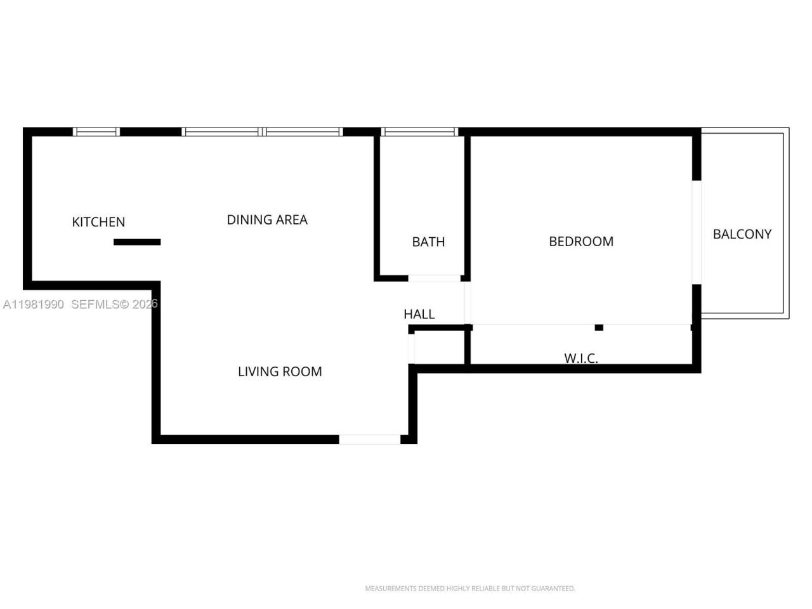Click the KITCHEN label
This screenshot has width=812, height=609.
pos(98,222)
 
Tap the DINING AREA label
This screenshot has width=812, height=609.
pos(267,219)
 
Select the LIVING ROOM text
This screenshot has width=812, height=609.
pos(280,372)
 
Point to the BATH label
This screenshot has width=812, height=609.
pos(428,242)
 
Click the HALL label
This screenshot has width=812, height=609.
pos(419,314)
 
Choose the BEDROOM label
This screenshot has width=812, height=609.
pos(581,241)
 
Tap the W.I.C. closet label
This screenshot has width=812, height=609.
pos(581,358)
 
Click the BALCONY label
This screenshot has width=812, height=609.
pos(742,234)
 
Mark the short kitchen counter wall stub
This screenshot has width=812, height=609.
pos(137,242)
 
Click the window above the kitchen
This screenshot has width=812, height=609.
pos(96,132)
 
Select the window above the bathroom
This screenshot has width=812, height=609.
pos(419,132)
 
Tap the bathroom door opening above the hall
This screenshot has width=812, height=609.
pos(435,278)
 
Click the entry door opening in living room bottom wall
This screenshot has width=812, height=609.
pos(370,439)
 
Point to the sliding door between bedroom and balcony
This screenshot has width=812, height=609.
pos(697,232)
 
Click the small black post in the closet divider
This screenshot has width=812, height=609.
pos(599,327)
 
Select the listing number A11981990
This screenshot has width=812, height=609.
pos(34,304)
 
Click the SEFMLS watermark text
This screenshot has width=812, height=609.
pos(114,304)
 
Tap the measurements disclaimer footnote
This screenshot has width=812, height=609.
pos(470,589)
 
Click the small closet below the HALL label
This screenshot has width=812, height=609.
pos(440,348)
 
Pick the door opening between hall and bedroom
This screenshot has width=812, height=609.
pos(468,303)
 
